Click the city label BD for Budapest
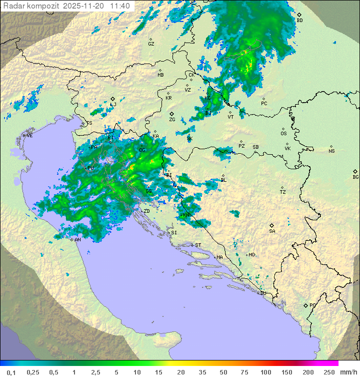coord(300,21)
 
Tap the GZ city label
coord(151,44)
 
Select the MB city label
coord(160,75)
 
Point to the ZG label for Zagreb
coord(172,120)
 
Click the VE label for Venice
coord(29,136)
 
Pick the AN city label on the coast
coord(78,240)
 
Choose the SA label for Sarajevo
coord(272,231)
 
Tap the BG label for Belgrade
coord(355,177)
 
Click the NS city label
coord(331,151)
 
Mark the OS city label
coord(283,134)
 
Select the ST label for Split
coord(198,245)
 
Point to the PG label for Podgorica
coord(312,305)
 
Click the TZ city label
coord(282,192)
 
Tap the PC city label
coord(264,104)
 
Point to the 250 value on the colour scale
coord(328,372)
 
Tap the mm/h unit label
coord(347,372)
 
